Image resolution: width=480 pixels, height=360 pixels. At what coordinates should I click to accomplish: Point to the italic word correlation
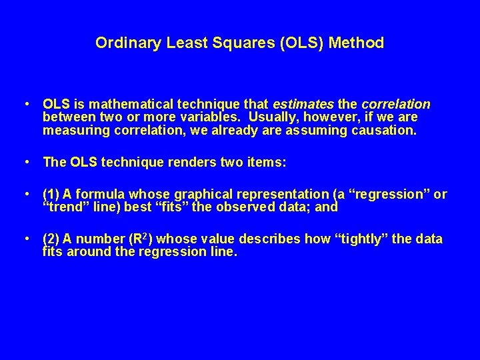pyautogui.click(x=396, y=105)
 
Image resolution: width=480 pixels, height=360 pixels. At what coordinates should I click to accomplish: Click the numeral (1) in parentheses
pyautogui.click(x=51, y=194)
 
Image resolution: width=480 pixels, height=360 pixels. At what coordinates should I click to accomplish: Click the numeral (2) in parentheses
pyautogui.click(x=51, y=239)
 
